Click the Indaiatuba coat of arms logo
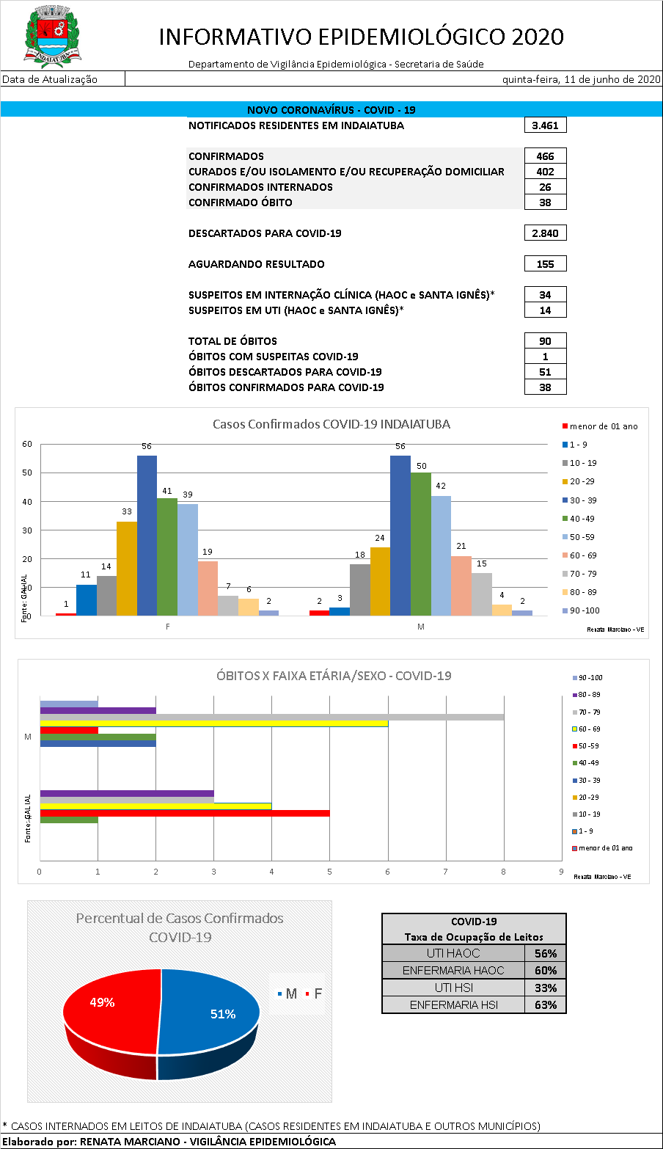pyautogui.click(x=53, y=35)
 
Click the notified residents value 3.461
pyautogui.click(x=545, y=125)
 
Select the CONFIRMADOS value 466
pyautogui.click(x=545, y=156)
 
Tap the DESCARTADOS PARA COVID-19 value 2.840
pyautogui.click(x=545, y=233)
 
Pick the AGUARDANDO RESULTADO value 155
pyautogui.click(x=545, y=264)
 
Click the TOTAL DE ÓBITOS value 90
pyautogui.click(x=545, y=341)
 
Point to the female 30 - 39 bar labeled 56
pyautogui.click(x=147, y=536)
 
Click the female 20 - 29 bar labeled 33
pyautogui.click(x=126, y=569)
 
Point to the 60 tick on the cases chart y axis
pyautogui.click(x=27, y=444)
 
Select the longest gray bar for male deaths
pyautogui.click(x=271, y=717)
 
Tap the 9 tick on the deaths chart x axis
pyautogui.click(x=561, y=872)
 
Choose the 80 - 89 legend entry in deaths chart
pyautogui.click(x=590, y=695)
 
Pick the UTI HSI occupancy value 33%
pyautogui.click(x=545, y=988)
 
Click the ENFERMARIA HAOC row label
pyautogui.click(x=453, y=971)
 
